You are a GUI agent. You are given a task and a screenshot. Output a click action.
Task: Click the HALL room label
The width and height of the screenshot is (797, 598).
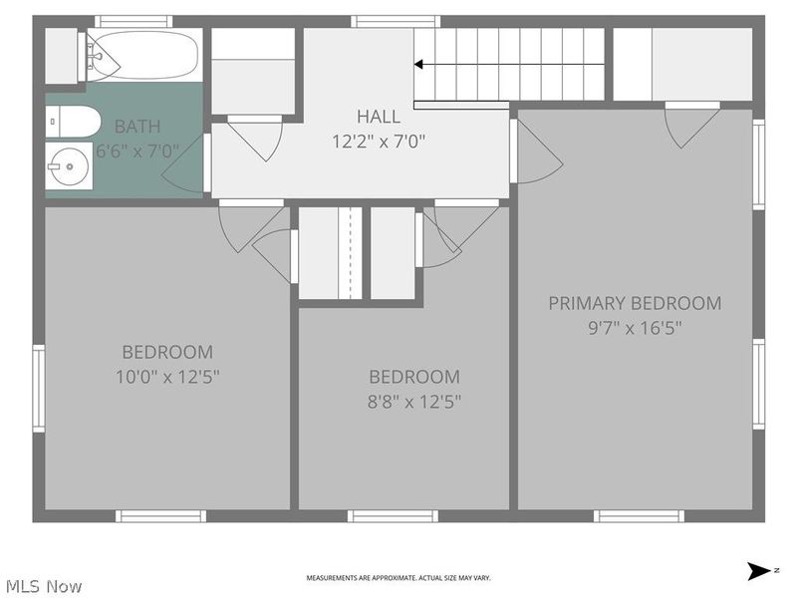379,117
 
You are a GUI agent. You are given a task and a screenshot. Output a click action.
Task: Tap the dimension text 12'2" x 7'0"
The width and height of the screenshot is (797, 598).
379,142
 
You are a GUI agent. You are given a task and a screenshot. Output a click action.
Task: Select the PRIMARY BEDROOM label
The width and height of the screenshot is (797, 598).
635,303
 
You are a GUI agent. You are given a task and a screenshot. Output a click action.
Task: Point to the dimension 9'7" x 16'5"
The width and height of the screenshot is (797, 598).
635,327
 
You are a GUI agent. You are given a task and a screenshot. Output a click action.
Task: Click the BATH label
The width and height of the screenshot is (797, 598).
137,127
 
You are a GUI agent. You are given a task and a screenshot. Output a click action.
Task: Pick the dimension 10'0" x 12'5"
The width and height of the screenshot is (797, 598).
167,377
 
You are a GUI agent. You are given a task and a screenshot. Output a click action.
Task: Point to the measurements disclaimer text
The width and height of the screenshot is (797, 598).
398,578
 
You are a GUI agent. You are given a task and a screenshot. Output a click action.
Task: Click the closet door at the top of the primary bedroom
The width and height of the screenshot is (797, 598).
692,124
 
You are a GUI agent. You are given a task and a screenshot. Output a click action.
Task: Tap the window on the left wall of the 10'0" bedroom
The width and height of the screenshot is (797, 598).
38,388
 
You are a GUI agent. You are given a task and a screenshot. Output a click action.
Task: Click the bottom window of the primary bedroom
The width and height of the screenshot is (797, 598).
639,515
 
